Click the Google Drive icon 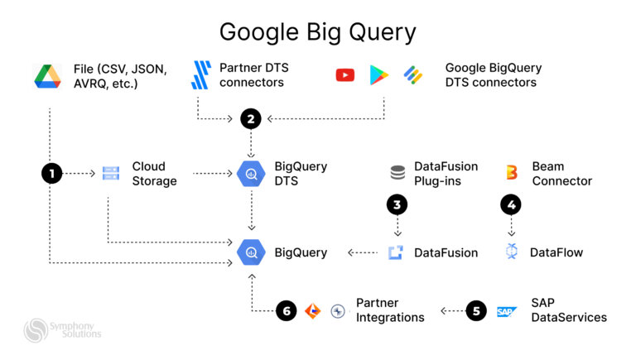point(48,75)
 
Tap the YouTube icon point(344,75)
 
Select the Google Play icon point(379,75)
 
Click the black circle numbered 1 point(51,174)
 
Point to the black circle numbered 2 point(250,119)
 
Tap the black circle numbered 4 point(511,203)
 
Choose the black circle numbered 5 point(475,311)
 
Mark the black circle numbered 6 point(286,311)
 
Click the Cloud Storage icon point(110,174)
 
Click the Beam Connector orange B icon point(511,173)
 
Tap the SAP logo point(507,312)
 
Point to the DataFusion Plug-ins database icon point(397,173)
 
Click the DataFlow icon point(511,252)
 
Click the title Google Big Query point(317,31)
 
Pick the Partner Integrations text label point(389,310)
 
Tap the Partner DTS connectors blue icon point(201,75)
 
